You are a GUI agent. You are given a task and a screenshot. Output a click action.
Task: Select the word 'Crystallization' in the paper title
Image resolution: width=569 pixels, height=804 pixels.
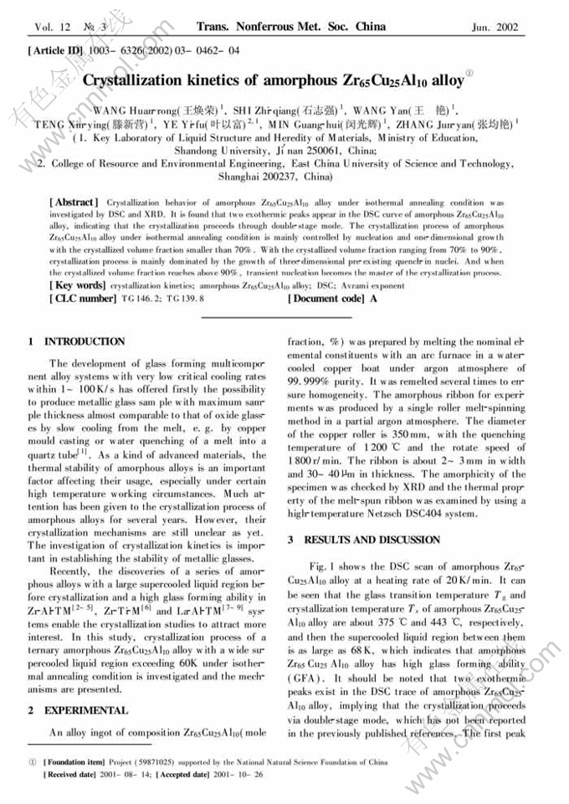[x=144, y=81]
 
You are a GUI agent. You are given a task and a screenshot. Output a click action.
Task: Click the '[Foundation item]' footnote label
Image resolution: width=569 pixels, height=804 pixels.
[x=74, y=763]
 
